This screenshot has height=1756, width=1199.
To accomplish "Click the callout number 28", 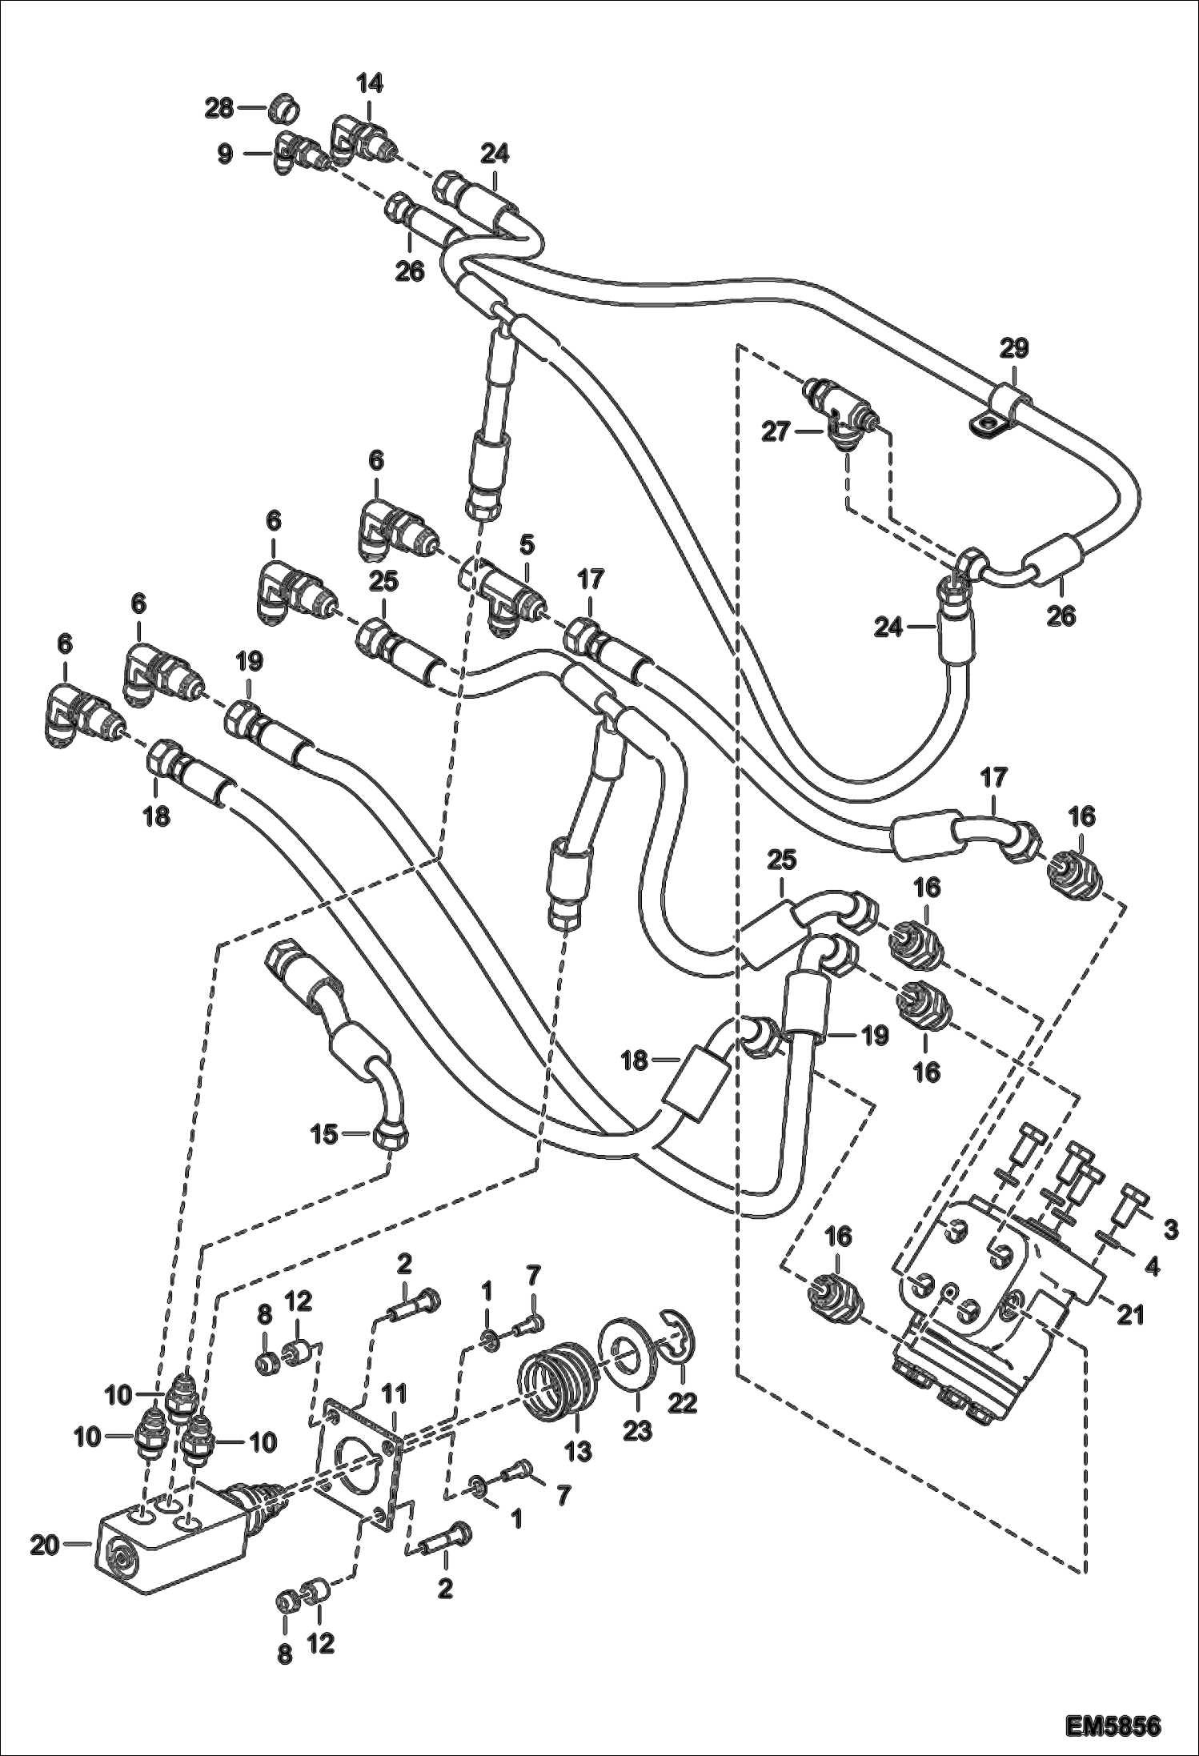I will click(219, 108).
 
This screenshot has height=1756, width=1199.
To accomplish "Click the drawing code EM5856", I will click(1112, 1722).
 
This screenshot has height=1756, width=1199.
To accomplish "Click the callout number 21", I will click(1130, 1314).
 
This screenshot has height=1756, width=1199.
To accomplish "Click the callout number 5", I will click(526, 546).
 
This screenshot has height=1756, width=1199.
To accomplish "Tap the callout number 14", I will click(369, 83).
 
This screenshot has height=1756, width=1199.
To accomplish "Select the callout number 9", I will click(226, 154).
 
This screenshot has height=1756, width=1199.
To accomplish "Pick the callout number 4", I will click(1152, 1267).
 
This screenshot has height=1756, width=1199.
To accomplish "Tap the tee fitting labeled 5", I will click(509, 595).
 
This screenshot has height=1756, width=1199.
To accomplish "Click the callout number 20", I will click(45, 1546).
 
